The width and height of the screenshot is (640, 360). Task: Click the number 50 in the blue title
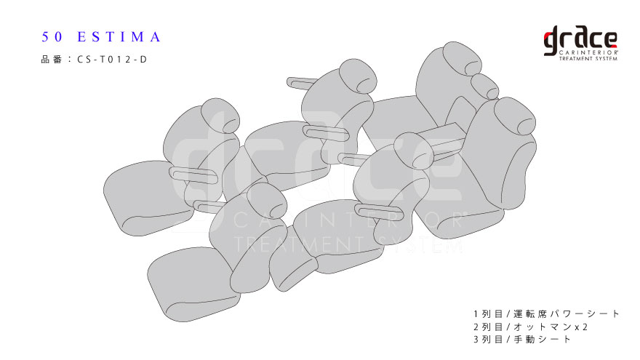click(x=52, y=37)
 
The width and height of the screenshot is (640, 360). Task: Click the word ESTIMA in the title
click(x=119, y=37)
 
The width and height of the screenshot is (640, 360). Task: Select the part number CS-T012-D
click(x=112, y=60)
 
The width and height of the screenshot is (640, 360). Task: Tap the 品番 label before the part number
click(x=52, y=60)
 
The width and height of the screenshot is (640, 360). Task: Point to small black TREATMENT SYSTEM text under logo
click(x=588, y=59)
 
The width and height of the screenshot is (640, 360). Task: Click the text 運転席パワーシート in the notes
click(x=567, y=314)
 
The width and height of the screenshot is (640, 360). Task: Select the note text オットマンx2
click(x=551, y=327)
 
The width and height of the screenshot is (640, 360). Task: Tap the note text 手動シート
click(x=543, y=339)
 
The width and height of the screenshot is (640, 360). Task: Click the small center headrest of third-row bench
click(x=484, y=86)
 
